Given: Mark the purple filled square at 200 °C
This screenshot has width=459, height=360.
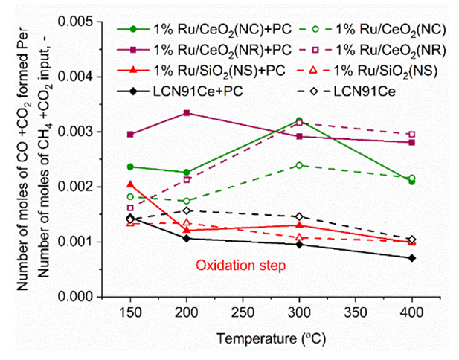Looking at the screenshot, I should click(x=186, y=113).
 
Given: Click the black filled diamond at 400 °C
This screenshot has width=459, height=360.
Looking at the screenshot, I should click(x=411, y=257).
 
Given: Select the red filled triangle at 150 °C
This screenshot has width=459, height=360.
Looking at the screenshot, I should click(x=130, y=184).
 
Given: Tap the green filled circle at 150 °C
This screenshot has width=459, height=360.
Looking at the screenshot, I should click(x=130, y=167).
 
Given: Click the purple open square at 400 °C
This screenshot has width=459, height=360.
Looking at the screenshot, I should click(x=411, y=135).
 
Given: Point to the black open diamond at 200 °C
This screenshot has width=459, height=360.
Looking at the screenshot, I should click(x=186, y=210).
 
